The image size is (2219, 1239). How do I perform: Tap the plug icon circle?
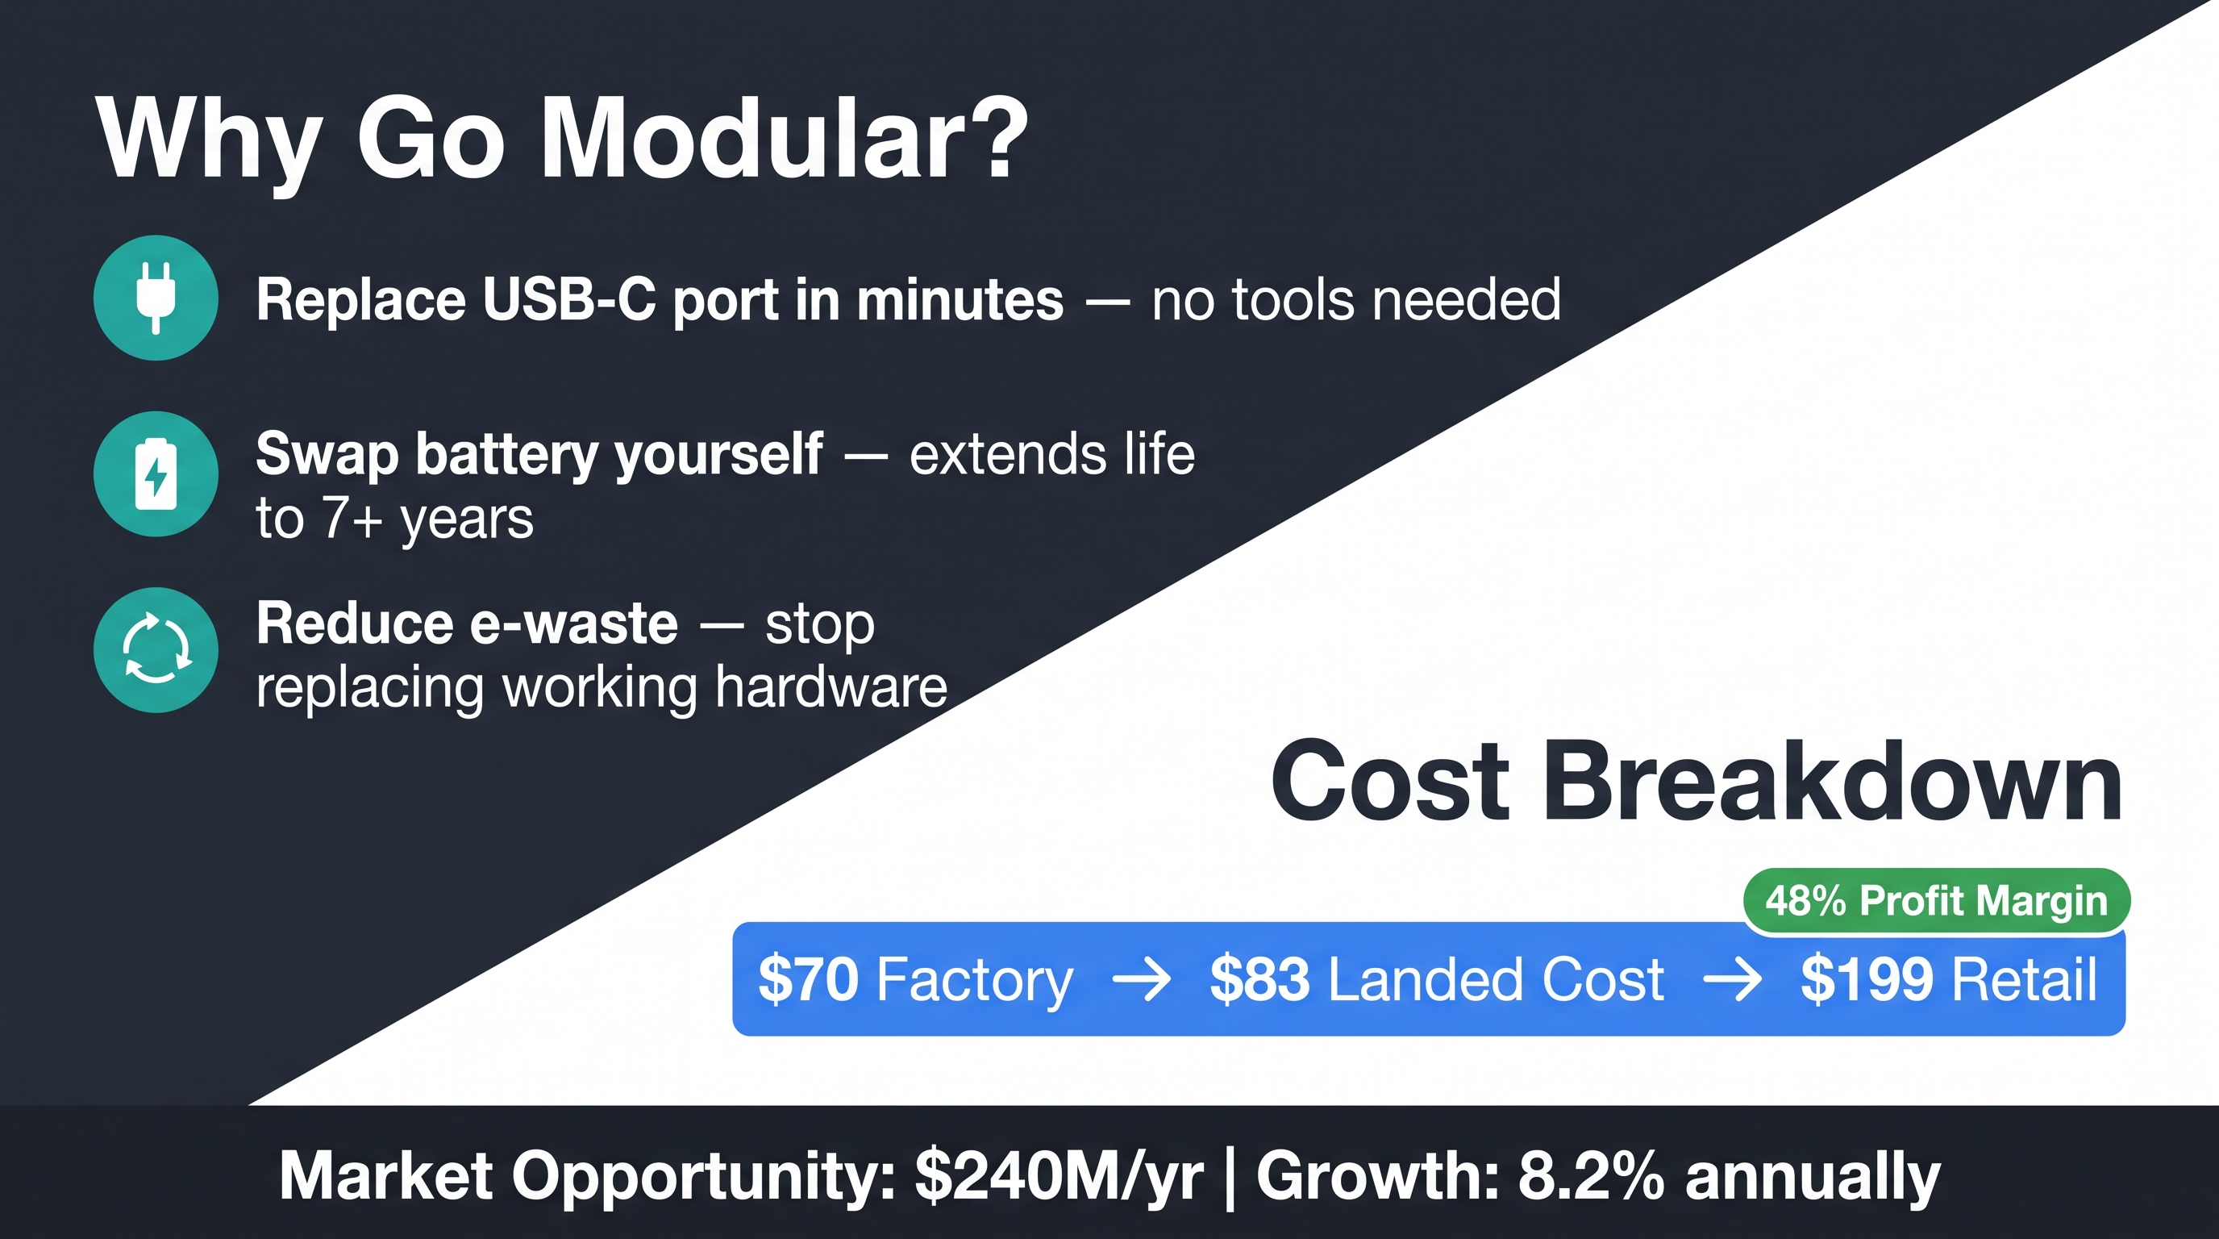[156, 298]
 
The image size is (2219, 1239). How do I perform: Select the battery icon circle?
[156, 473]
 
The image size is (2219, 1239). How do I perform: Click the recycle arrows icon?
[156, 649]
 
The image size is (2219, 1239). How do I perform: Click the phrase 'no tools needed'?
[1356, 300]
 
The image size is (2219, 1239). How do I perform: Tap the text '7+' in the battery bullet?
[352, 519]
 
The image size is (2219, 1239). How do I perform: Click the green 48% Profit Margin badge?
[1937, 901]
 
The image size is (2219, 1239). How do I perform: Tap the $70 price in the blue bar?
[807, 979]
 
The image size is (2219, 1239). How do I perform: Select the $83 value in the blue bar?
[1259, 979]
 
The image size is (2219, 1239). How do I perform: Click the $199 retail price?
[1866, 979]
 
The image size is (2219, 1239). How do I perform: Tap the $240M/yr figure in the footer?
[1059, 1175]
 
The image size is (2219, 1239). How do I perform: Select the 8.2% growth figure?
[1591, 1175]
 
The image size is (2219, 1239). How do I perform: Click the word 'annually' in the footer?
[1813, 1177]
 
